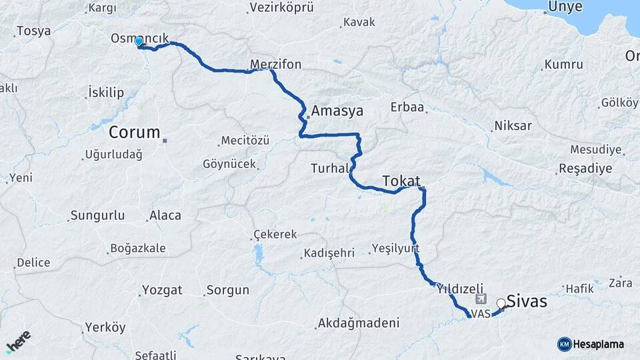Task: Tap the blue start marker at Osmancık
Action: [x=139, y=42]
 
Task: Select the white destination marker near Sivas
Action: [x=501, y=303]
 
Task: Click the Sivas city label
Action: [x=527, y=301]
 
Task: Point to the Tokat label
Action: [x=401, y=181]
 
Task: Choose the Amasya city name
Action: [x=337, y=111]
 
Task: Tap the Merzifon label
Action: [x=275, y=65]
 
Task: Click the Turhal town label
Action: [x=330, y=169]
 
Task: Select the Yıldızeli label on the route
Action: [x=459, y=289]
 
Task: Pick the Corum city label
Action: [x=135, y=131]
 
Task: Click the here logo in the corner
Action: [x=18, y=341]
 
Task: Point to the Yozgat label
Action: [x=162, y=291]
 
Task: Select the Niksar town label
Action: [x=513, y=126]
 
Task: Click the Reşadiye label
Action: [x=585, y=168]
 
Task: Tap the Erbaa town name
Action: [x=407, y=107]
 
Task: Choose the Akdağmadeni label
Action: [x=359, y=323]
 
